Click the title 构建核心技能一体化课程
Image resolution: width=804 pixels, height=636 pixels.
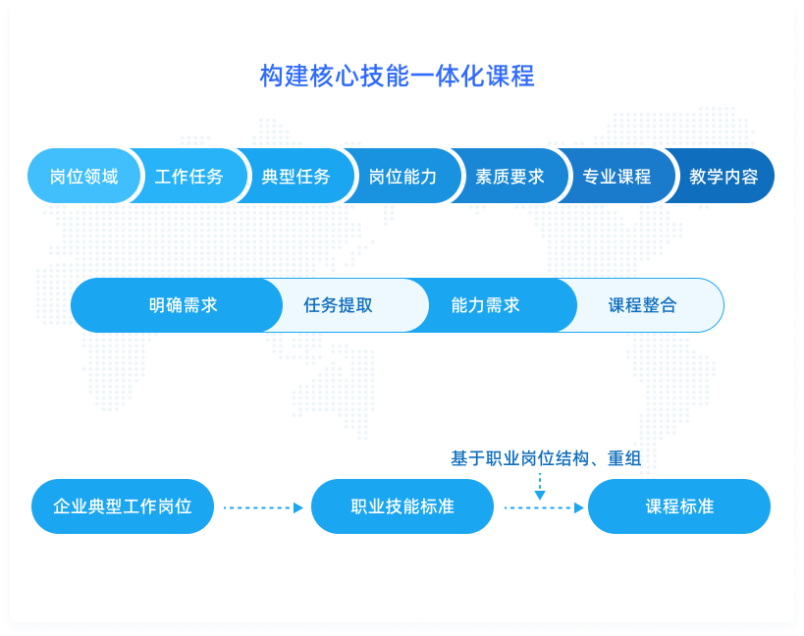(397, 76)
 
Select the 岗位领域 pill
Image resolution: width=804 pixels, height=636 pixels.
(83, 176)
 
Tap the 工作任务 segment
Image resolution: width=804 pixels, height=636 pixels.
(189, 176)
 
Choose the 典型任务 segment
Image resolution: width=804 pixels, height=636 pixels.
(296, 176)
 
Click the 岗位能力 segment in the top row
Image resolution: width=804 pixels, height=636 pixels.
(403, 176)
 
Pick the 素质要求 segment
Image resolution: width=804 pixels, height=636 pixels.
(509, 176)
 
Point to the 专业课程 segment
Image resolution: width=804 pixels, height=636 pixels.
(616, 176)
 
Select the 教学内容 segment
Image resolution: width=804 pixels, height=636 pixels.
(723, 176)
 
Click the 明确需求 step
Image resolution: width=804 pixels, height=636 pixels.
(177, 305)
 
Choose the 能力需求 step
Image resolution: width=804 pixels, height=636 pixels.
(492, 305)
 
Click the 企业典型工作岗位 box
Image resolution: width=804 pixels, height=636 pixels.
(123, 506)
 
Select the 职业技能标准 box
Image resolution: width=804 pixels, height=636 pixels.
(402, 506)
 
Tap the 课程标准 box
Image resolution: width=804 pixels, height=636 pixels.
(679, 506)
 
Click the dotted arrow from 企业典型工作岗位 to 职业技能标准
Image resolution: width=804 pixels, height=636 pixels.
(263, 507)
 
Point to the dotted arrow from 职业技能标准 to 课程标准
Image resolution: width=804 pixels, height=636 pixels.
(545, 507)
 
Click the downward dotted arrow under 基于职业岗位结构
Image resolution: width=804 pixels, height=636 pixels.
(540, 487)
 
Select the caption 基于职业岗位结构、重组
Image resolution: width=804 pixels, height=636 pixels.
(546, 458)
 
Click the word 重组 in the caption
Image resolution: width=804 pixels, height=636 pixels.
(624, 458)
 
